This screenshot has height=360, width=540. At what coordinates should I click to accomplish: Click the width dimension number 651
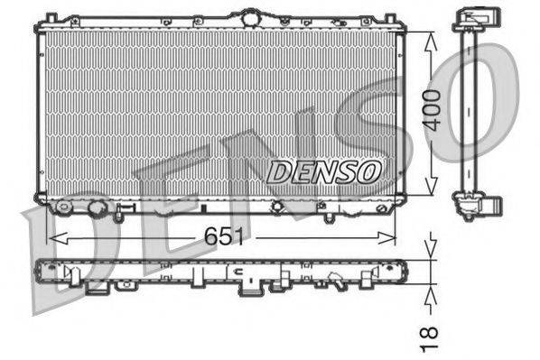[223, 236]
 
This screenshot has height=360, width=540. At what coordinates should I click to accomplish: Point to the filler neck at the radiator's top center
[247, 16]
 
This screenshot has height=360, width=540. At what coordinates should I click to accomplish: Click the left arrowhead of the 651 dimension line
[51, 238]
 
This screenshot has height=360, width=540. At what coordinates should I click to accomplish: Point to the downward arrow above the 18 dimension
[432, 242]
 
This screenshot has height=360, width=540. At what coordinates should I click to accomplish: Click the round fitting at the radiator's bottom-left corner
[63, 207]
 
